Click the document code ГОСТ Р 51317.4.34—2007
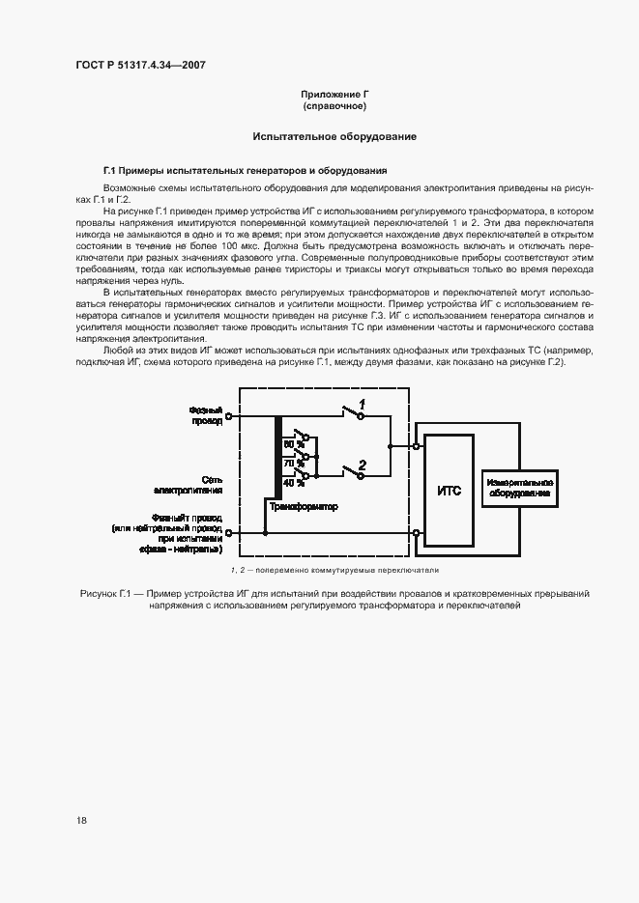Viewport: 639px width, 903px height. tap(140, 66)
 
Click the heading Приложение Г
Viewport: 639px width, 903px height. tap(335, 94)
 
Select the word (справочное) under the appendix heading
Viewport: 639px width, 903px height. tap(335, 105)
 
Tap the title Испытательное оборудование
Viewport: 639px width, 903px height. tap(334, 136)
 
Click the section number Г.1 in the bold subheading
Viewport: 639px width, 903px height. tap(109, 169)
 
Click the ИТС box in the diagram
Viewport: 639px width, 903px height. tap(450, 490)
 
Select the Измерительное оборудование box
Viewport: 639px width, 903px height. tap(520, 488)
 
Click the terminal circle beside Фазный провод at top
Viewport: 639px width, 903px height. tap(229, 419)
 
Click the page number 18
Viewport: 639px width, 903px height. tap(82, 820)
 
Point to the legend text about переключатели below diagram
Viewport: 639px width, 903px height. tap(334, 570)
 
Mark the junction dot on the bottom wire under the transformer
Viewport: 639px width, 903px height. tap(265, 532)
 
